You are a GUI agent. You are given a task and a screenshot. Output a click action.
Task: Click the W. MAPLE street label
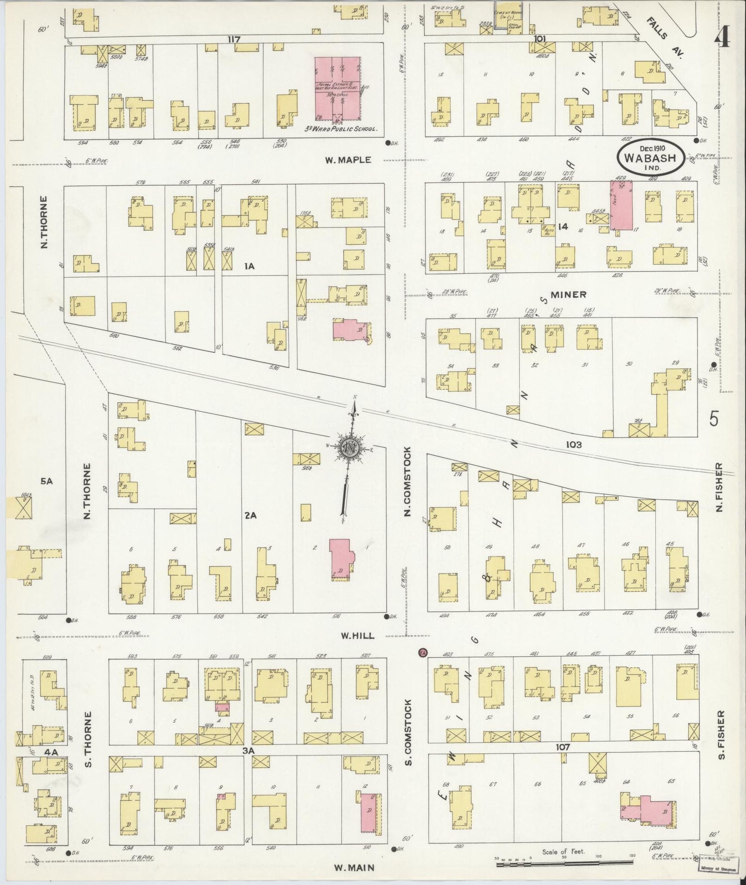tap(347, 160)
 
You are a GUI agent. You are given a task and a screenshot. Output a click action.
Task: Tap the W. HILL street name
tap(357, 636)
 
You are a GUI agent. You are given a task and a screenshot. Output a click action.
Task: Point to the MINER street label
tap(568, 294)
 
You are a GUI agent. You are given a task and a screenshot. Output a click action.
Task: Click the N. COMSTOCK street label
tap(407, 482)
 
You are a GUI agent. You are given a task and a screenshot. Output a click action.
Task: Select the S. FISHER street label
tap(721, 734)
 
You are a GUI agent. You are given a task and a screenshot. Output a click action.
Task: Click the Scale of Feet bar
tap(563, 863)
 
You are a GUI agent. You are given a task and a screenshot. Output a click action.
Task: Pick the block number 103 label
tap(573, 444)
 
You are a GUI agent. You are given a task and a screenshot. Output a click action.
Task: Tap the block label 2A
tap(251, 514)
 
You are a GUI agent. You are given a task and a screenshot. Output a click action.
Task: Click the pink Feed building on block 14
tap(621, 205)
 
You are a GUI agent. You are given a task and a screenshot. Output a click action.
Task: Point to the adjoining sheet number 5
tap(713, 418)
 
